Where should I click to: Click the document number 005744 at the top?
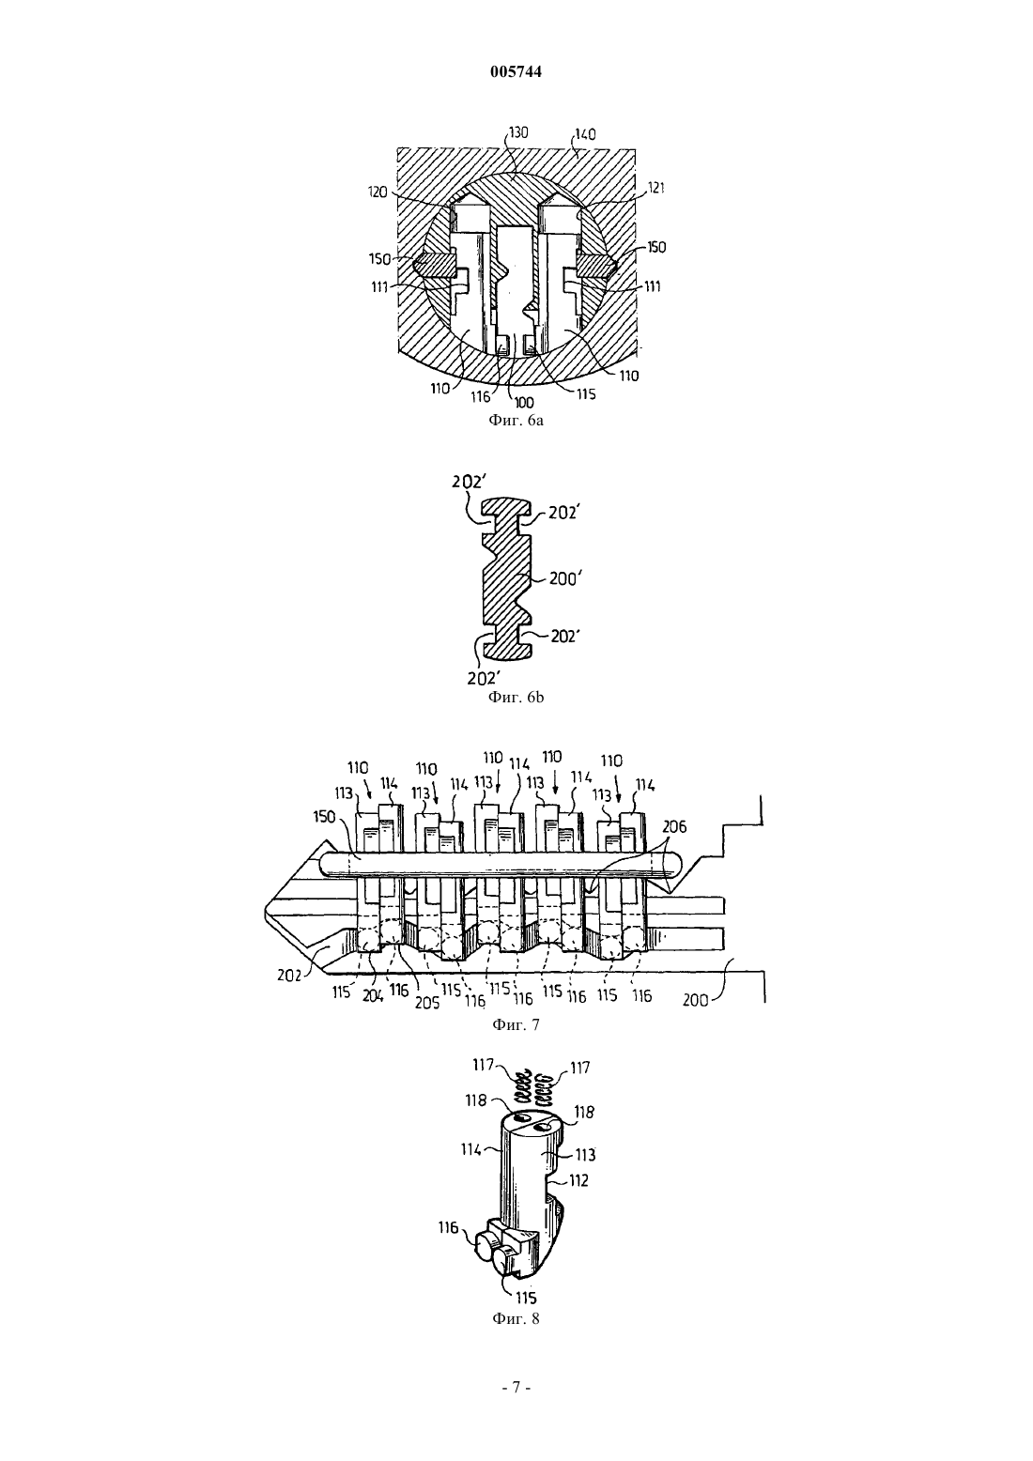click(x=516, y=71)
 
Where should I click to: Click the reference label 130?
click(x=519, y=133)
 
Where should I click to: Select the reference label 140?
click(x=586, y=134)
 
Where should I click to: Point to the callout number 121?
click(x=655, y=188)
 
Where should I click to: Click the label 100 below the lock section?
click(x=524, y=402)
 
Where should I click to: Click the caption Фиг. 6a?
click(x=516, y=420)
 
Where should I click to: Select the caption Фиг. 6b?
click(x=516, y=698)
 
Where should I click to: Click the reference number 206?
click(x=674, y=827)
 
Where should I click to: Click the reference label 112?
click(x=578, y=1180)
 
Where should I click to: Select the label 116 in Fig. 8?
click(x=448, y=1227)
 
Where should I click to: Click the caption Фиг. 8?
click(x=516, y=1318)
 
